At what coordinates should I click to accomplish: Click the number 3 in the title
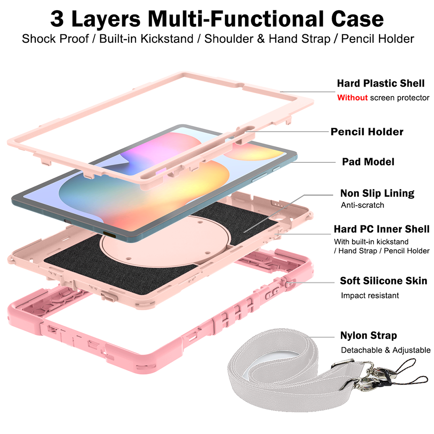coord(59,19)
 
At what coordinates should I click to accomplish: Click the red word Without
coord(352,98)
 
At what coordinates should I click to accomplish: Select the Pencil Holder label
coord(367,132)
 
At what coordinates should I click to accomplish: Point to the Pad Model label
coord(368,162)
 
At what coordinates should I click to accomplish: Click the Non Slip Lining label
coord(377,193)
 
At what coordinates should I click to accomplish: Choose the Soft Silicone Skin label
coord(383,280)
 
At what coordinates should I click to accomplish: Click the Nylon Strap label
coord(368,336)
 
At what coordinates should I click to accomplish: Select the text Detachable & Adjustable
coord(386,350)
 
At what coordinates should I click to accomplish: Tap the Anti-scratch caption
coord(362,205)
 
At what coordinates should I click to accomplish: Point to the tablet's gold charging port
coord(109,235)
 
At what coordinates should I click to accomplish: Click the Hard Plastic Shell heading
coord(381,83)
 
